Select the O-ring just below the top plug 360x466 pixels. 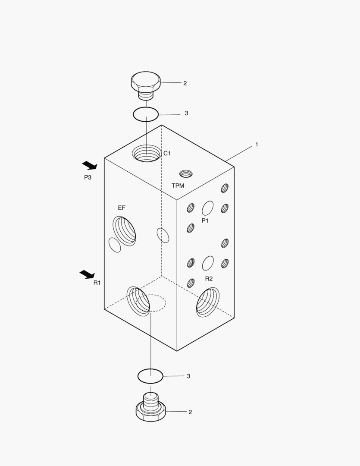point(146,114)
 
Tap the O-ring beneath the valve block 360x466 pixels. point(150,376)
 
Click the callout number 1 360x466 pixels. point(257,145)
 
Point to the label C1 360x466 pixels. point(167,153)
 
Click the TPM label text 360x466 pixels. point(178,186)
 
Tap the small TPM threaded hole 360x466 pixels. point(186,174)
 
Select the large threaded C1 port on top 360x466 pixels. point(146,153)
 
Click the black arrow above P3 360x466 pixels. point(90,165)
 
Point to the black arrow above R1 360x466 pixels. point(87,274)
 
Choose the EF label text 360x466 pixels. point(122,208)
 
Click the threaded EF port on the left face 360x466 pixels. point(125,231)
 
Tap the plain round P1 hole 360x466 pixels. point(208,208)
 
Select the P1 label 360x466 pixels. point(205,220)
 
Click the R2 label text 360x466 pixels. point(209,279)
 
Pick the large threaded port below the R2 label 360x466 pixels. point(208,302)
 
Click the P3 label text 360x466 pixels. point(88,177)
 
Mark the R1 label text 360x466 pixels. point(97,283)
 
